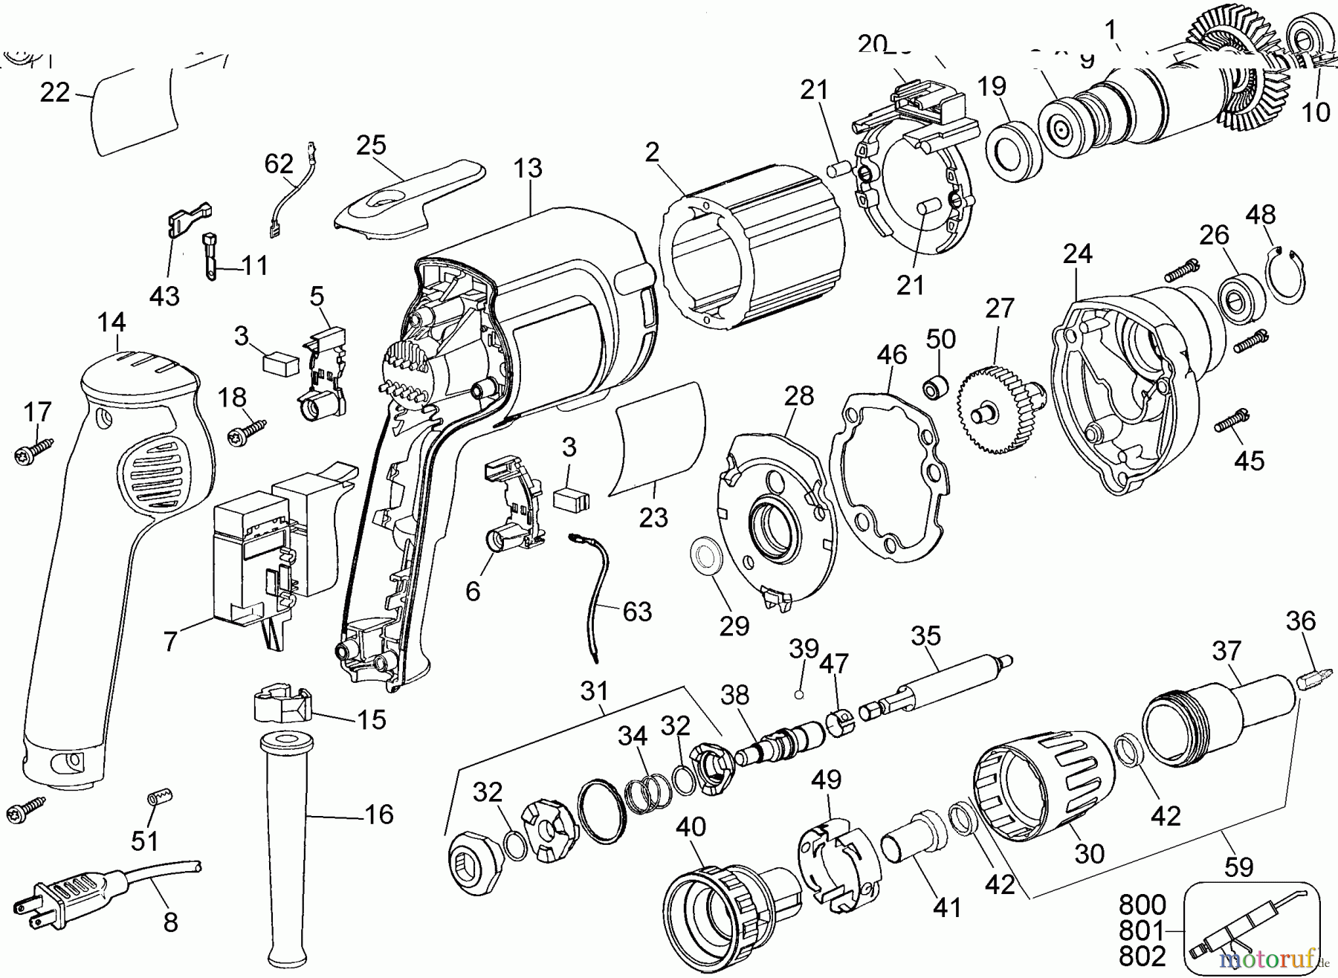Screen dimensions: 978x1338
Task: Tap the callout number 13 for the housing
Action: [528, 169]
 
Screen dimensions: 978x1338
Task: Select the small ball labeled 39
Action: [798, 695]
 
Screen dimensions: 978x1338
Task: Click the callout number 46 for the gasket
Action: [891, 355]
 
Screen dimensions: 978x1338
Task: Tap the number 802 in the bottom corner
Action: [1143, 956]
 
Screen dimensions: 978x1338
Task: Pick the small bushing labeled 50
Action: [936, 387]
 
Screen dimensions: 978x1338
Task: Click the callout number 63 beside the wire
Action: [637, 612]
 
